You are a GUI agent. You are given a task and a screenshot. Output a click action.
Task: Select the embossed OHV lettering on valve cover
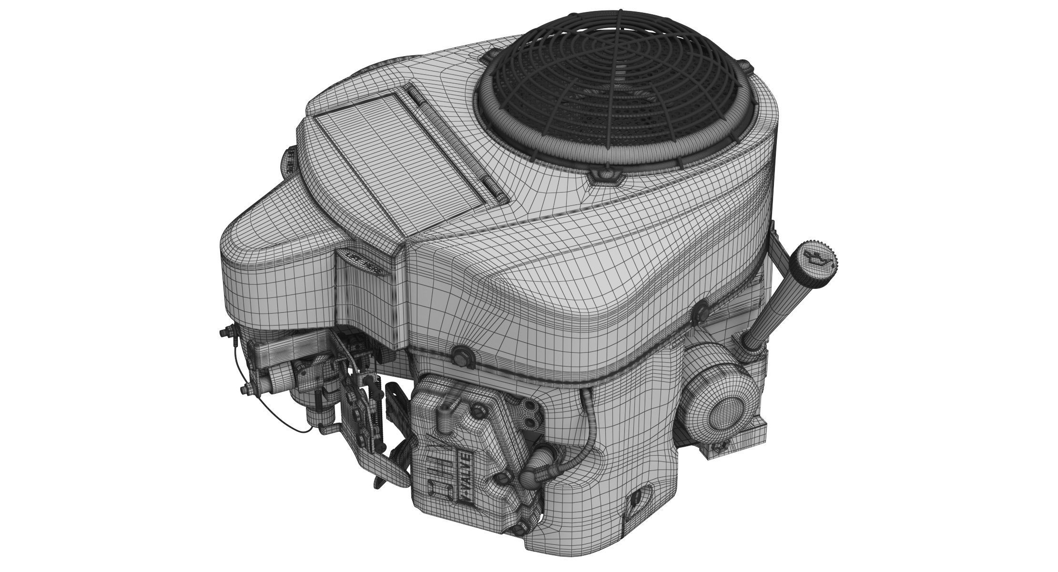(436, 474)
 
